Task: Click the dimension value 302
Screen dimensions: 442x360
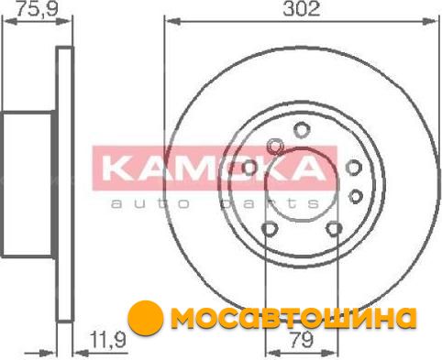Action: click(x=302, y=9)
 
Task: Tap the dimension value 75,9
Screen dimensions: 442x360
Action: click(x=37, y=8)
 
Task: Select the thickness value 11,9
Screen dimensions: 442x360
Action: click(x=108, y=340)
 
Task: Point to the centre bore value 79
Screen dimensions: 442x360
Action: click(x=301, y=340)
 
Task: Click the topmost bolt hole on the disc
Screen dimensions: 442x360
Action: click(x=301, y=129)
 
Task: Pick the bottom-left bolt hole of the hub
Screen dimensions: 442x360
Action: click(x=270, y=229)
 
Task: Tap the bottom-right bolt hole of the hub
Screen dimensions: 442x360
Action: click(x=334, y=229)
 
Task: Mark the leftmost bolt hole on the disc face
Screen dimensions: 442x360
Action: click(x=249, y=168)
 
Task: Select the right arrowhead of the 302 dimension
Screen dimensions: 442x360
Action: click(x=430, y=21)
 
